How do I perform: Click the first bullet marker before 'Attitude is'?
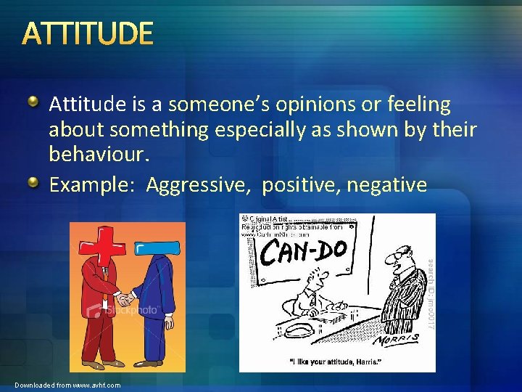pos(35,103)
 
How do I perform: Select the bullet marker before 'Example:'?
pos(35,184)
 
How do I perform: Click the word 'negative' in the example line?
pos(386,185)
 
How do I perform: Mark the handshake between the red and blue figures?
pos(127,298)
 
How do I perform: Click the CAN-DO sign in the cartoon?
pos(305,252)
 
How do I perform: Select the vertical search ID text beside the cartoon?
pos(428,294)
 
